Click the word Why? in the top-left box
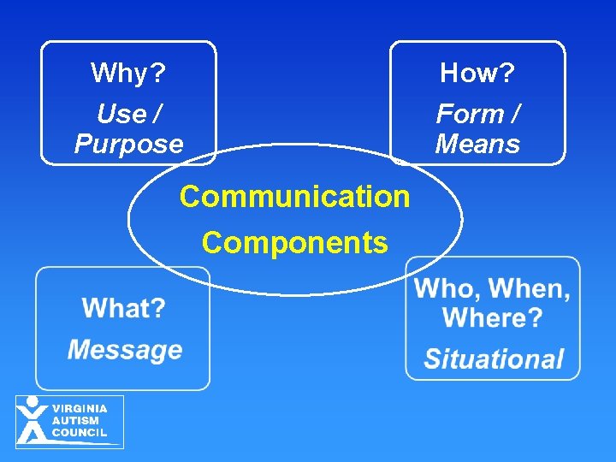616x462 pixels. pyautogui.click(x=128, y=74)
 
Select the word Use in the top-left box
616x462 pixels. pyautogui.click(x=120, y=113)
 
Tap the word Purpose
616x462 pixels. pyautogui.click(x=128, y=144)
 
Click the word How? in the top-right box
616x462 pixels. pyautogui.click(x=477, y=74)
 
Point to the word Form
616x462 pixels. pyautogui.click(x=469, y=113)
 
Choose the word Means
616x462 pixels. pyautogui.click(x=477, y=144)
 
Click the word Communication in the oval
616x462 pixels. pyautogui.click(x=294, y=197)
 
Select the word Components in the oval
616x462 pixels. pyautogui.click(x=294, y=243)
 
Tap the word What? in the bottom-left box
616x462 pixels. pyautogui.click(x=124, y=308)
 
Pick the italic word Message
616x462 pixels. pyautogui.click(x=125, y=349)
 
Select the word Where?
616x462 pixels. pyautogui.click(x=492, y=318)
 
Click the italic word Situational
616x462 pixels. pyautogui.click(x=494, y=359)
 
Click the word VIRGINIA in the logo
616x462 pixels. pyautogui.click(x=80, y=409)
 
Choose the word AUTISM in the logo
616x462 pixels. pyautogui.click(x=75, y=421)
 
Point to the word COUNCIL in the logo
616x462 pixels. pyautogui.click(x=80, y=433)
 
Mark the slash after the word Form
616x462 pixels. pyautogui.click(x=515, y=113)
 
